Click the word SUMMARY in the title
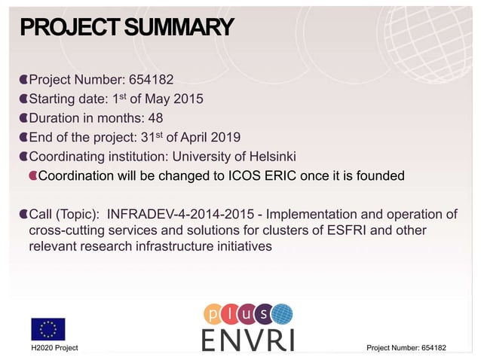(179, 28)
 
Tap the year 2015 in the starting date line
(188, 99)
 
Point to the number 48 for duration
(155, 117)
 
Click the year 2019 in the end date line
(225, 137)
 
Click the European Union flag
(48, 329)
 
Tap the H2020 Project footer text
(54, 347)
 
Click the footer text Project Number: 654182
(406, 347)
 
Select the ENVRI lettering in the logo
(247, 338)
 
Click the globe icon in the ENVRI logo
(282, 313)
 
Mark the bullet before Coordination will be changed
(32, 176)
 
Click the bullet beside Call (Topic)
(23, 215)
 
